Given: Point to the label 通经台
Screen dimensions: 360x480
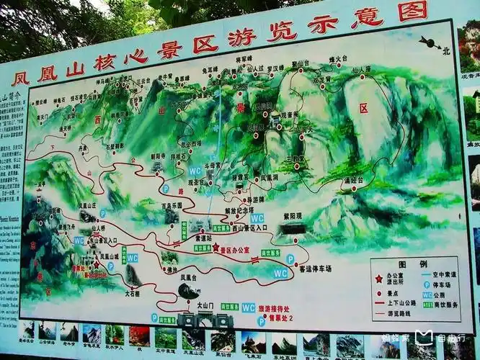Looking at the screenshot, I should (x=352, y=180).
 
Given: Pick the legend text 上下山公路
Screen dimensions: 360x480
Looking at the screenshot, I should (x=399, y=304).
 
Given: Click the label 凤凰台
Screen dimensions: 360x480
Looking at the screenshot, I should (x=188, y=277).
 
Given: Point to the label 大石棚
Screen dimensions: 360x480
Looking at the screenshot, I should (x=132, y=293).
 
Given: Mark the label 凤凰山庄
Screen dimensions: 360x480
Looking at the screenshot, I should (x=87, y=205).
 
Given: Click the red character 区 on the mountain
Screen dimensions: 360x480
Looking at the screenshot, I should (x=363, y=108).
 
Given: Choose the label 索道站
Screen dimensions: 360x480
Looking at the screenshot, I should (x=203, y=237).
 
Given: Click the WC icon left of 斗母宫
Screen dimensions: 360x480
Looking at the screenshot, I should (x=195, y=171).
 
